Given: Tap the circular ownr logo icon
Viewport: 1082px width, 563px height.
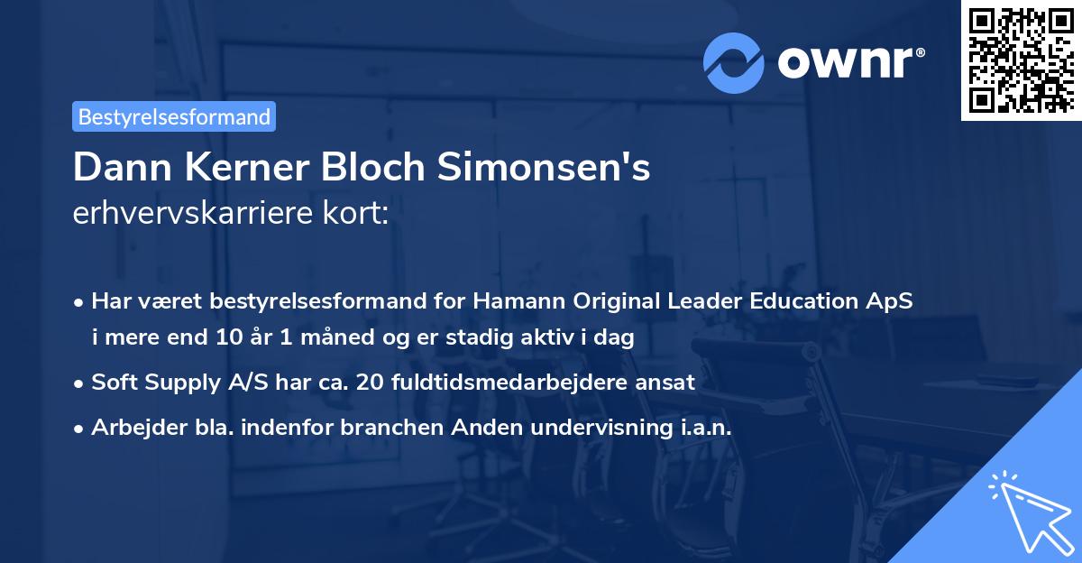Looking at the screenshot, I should coord(734,62).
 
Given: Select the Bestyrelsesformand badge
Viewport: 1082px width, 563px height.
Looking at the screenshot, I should coord(174,116).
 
